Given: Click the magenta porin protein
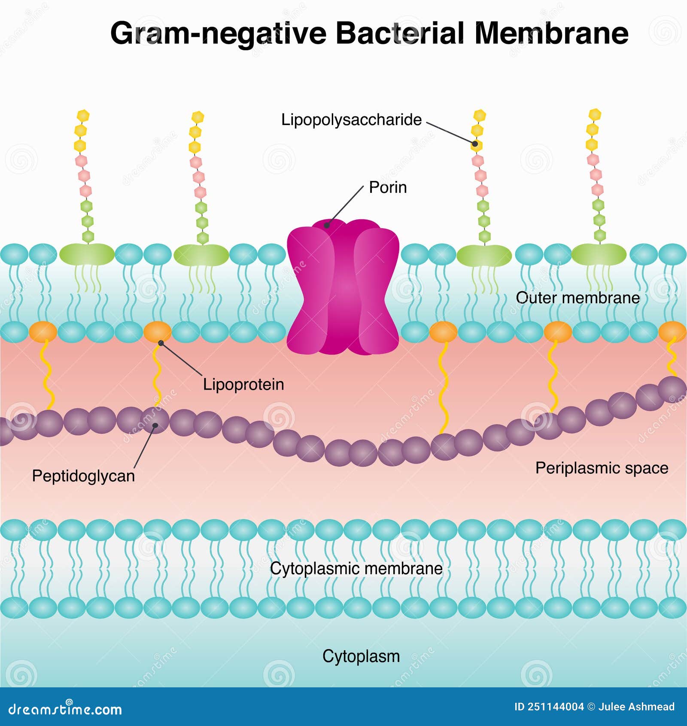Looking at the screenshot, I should pyautogui.click(x=343, y=288).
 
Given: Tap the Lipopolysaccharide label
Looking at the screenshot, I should pyautogui.click(x=351, y=120).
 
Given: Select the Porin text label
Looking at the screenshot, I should pyautogui.click(x=388, y=188).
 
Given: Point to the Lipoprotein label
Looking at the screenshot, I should pyautogui.click(x=243, y=384).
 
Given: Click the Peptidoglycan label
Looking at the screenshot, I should pyautogui.click(x=83, y=476).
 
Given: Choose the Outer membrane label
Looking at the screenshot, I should pyautogui.click(x=578, y=298).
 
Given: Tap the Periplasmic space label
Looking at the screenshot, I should pyautogui.click(x=602, y=468).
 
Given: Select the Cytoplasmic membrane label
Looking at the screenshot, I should pyautogui.click(x=356, y=569).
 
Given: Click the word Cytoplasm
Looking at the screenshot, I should pyautogui.click(x=361, y=656).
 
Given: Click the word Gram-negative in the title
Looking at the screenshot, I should pyautogui.click(x=218, y=34).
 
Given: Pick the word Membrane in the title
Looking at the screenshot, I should pyautogui.click(x=551, y=34).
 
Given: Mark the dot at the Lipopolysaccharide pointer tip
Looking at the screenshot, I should pyautogui.click(x=475, y=144).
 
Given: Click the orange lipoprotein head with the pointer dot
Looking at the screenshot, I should pyautogui.click(x=157, y=332).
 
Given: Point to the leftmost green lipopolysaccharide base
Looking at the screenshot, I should pyautogui.click(x=87, y=254).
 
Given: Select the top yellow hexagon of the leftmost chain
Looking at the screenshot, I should pyautogui.click(x=83, y=115).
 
